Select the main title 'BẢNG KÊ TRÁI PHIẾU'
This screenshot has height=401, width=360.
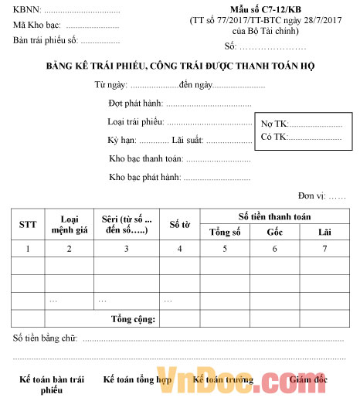[x=180, y=66]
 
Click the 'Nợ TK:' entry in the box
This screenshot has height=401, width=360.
[x=274, y=124]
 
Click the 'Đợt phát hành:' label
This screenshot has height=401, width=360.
[x=136, y=103]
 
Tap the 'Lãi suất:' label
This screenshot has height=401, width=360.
[x=188, y=140]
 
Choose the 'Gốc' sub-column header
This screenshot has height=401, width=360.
[x=275, y=232]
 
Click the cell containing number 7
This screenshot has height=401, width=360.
[x=324, y=249]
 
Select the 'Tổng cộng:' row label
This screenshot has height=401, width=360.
[x=133, y=318]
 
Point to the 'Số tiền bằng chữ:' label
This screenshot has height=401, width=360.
[x=46, y=338]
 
